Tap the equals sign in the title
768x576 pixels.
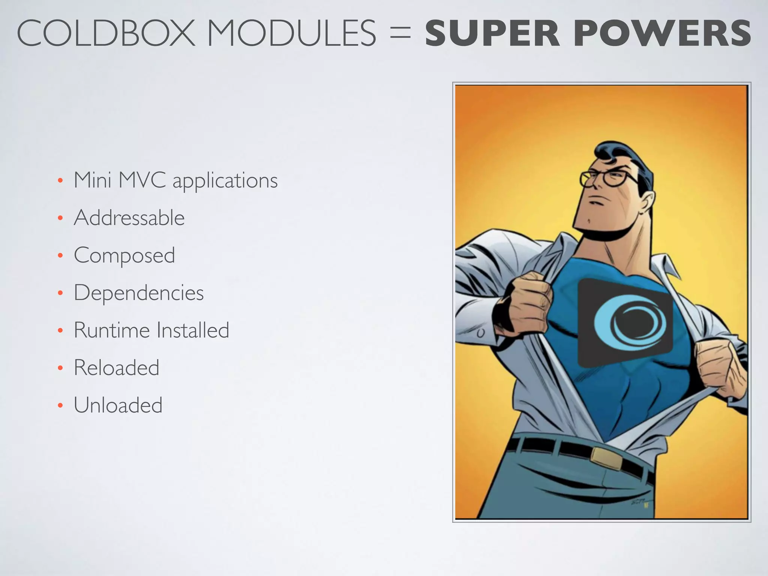click(400, 34)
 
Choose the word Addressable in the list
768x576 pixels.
click(129, 218)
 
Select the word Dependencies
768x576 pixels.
click(139, 293)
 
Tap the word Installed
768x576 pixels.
click(193, 330)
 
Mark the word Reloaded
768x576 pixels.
click(117, 368)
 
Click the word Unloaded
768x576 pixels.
click(118, 405)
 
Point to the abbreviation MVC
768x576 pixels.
click(142, 180)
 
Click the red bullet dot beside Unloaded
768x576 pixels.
click(60, 406)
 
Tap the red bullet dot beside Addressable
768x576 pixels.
click(60, 218)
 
